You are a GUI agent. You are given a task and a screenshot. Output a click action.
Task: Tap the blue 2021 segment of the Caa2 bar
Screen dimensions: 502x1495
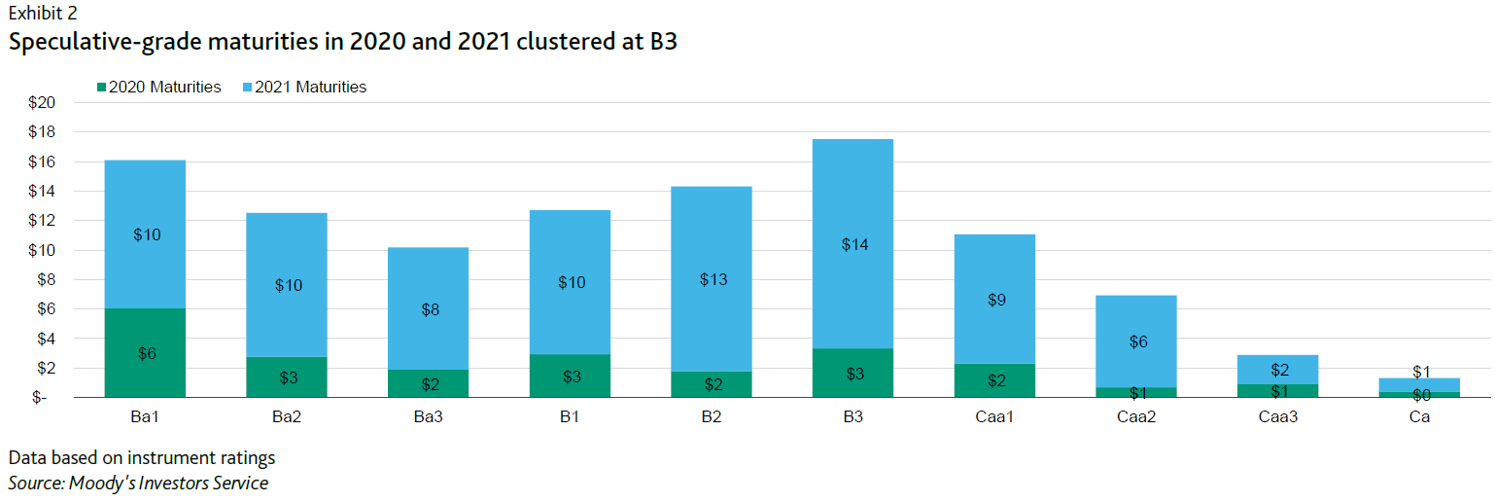[x=1136, y=321]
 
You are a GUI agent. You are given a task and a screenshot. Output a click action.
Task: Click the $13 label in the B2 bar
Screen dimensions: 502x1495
[x=713, y=280]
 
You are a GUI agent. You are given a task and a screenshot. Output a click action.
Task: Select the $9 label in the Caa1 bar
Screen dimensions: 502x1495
[x=995, y=301]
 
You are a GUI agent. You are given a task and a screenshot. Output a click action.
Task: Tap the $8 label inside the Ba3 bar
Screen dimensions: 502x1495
[x=429, y=310]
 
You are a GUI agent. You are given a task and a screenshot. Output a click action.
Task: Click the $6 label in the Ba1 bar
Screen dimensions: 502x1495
[x=146, y=354]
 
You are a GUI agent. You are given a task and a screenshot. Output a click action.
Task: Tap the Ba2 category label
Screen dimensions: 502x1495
[x=287, y=416]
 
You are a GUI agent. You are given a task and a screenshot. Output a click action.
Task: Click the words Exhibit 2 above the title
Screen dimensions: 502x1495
[x=43, y=14]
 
